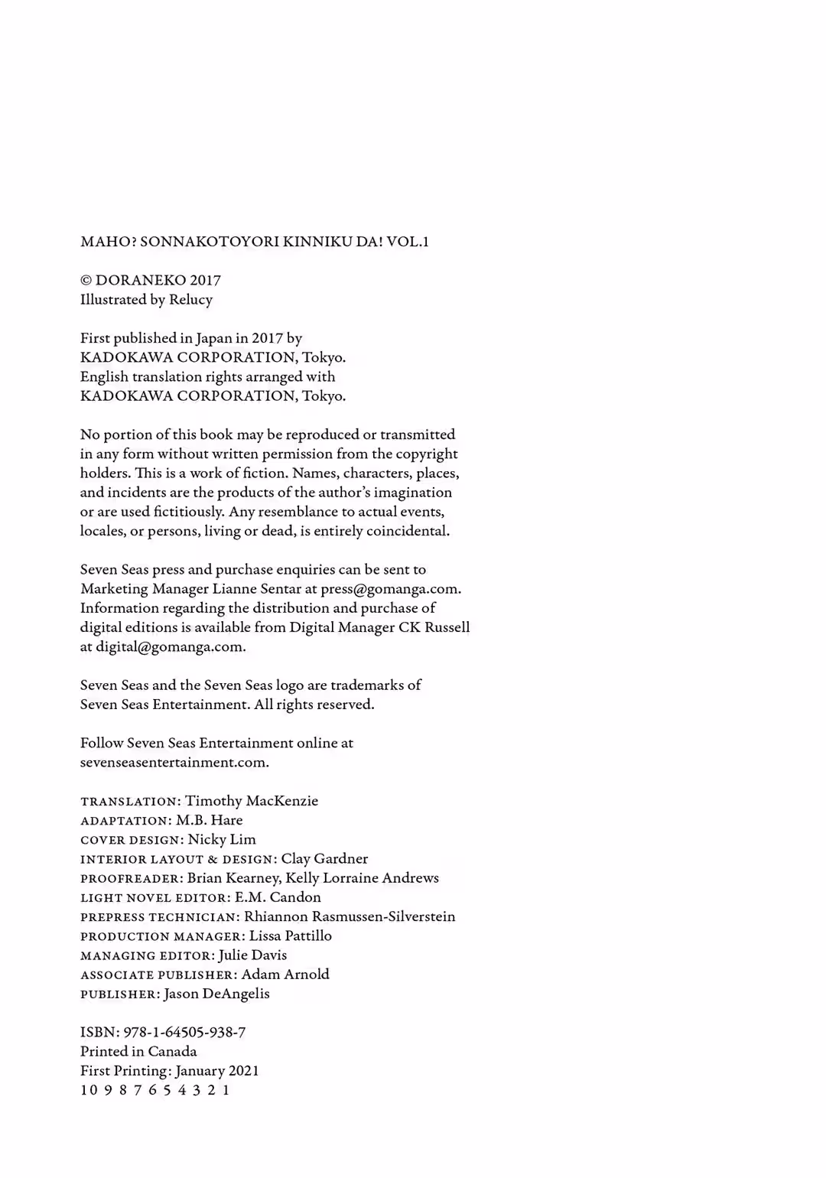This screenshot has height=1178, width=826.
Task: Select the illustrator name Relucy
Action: (x=190, y=300)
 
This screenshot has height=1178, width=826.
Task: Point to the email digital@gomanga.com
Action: (x=171, y=646)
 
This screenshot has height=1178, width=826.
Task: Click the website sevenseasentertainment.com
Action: (x=174, y=762)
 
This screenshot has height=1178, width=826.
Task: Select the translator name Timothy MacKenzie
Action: (x=252, y=801)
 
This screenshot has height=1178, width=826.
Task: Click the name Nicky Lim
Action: (x=222, y=840)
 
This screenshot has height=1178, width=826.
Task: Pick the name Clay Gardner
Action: (x=324, y=859)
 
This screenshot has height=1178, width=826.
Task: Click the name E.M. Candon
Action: (x=278, y=897)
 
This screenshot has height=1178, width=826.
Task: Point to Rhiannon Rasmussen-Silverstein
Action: (x=350, y=916)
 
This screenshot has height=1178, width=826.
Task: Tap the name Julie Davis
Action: (x=252, y=955)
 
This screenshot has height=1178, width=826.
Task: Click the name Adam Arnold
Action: (x=285, y=975)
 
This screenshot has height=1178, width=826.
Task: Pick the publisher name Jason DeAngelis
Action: (x=216, y=994)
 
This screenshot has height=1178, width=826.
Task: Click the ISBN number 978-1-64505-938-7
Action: (x=184, y=1033)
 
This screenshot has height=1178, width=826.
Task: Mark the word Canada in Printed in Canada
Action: (x=172, y=1052)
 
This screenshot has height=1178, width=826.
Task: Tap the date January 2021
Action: (x=217, y=1071)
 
